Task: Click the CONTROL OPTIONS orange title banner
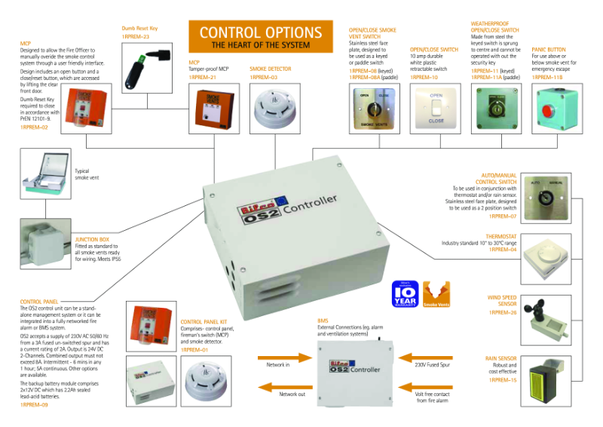coord(261,37)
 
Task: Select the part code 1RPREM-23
coord(135,36)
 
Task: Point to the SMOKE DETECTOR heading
coord(270,69)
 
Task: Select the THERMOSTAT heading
coord(501,236)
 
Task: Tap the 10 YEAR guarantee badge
coord(404,293)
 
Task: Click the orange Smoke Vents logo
coord(436,293)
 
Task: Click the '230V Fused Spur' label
coord(432,364)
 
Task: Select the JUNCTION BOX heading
coord(92,239)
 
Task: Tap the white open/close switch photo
coord(436,108)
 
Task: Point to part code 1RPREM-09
coord(34,405)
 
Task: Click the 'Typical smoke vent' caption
coord(87,174)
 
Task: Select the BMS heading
coord(323,321)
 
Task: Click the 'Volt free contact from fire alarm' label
coord(432,398)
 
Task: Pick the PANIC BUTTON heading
coord(548,49)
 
